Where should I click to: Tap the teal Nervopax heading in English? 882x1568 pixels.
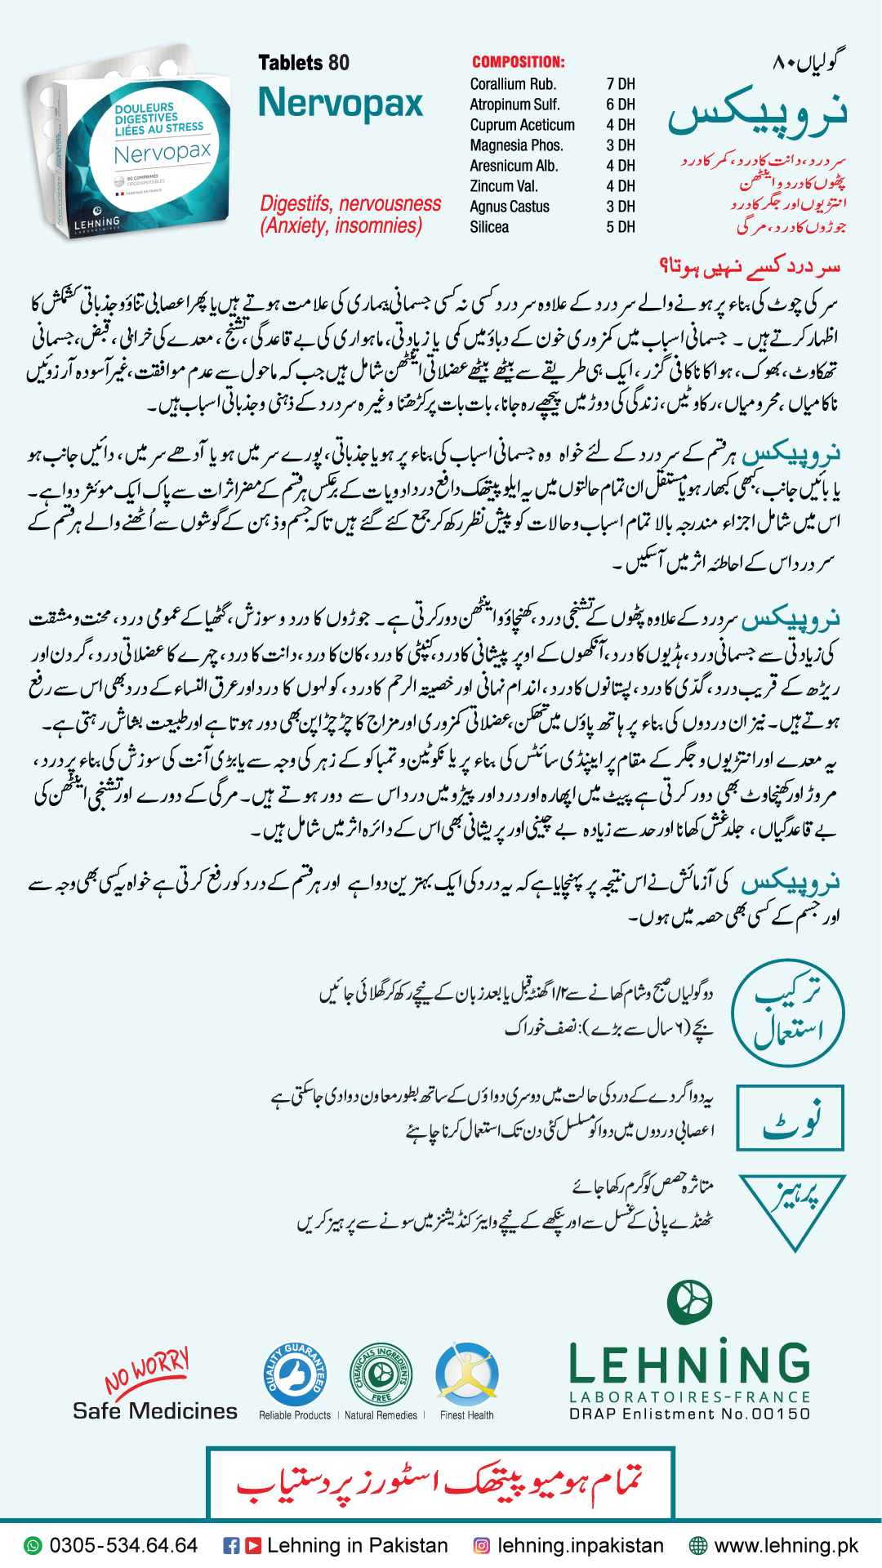(341, 104)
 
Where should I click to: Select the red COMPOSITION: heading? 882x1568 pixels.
(518, 62)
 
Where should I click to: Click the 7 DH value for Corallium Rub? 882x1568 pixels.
(621, 84)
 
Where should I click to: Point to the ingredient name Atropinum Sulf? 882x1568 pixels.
(514, 105)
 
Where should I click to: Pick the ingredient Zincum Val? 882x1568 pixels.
(504, 186)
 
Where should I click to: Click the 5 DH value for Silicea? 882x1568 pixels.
(621, 227)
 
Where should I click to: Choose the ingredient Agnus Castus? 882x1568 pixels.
(510, 207)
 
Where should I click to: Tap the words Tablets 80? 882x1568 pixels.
(304, 63)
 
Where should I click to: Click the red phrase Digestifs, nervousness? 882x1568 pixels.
(350, 203)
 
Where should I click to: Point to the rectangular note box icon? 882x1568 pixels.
(790, 1118)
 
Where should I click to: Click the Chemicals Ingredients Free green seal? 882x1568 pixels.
(381, 1375)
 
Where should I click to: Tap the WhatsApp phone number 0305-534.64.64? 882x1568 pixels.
(123, 1545)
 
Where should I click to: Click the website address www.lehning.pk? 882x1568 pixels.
(786, 1545)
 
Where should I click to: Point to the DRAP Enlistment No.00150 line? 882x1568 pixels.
(689, 1414)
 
